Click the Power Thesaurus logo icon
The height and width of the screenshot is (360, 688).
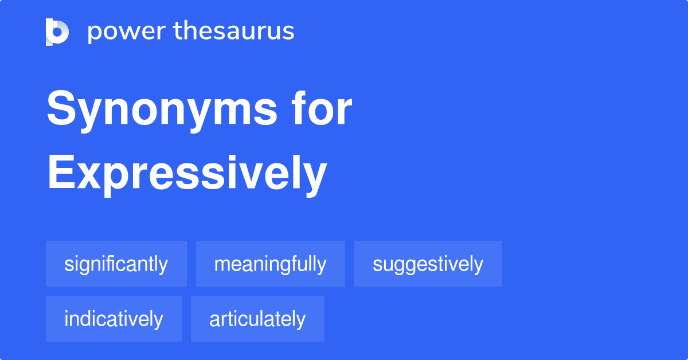(x=57, y=32)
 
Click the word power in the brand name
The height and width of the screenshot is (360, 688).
(x=127, y=32)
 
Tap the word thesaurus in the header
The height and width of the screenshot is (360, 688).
(x=234, y=30)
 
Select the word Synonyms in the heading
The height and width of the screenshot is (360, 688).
(x=162, y=110)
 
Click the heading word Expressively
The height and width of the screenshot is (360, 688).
(x=187, y=175)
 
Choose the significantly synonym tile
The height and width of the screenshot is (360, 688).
(x=116, y=264)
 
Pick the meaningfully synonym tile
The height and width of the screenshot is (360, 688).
(x=271, y=264)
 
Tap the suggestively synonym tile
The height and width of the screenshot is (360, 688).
(x=428, y=264)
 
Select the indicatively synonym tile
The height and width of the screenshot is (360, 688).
(x=114, y=319)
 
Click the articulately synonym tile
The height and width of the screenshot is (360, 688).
(x=257, y=319)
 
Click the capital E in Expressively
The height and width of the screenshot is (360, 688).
(x=61, y=172)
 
